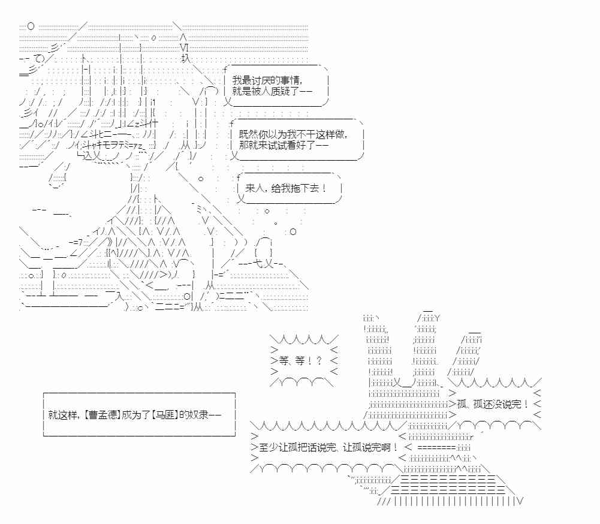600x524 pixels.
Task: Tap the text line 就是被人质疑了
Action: pos(271,92)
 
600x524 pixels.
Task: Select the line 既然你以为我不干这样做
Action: pos(292,134)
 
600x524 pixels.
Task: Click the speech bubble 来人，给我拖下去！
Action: pos(286,188)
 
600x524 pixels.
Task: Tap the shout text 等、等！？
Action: pos(297,360)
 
